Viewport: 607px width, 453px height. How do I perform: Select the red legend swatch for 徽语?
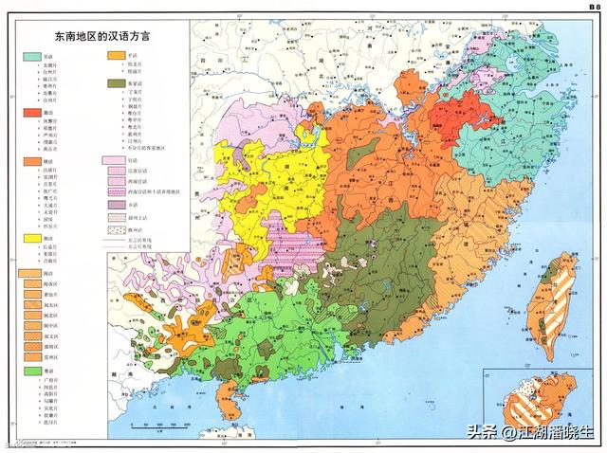pos(32,114)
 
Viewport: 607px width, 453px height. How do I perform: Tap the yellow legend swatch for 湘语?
pos(32,238)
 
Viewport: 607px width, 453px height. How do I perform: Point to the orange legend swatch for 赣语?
pos(32,162)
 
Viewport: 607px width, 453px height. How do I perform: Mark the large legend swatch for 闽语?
pos(32,275)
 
